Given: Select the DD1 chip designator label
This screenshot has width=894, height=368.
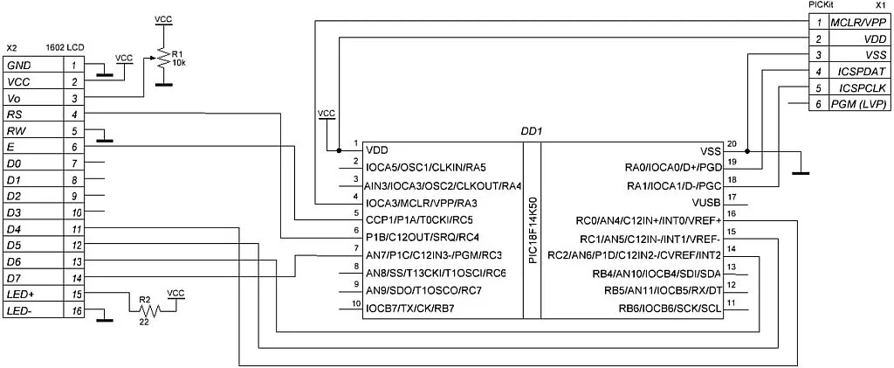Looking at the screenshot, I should (x=531, y=131).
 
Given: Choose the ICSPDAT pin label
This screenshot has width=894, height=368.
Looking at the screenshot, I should (x=860, y=71).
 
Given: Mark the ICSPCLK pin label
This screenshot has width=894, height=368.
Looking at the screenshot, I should (x=859, y=88).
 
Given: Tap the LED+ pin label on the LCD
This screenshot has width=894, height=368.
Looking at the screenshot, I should (x=19, y=295).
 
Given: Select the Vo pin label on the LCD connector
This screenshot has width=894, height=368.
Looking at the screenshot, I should (x=14, y=98).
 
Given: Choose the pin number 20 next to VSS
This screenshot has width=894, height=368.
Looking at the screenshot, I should (x=732, y=144).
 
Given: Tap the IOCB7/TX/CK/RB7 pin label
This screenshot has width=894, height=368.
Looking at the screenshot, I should (x=410, y=308).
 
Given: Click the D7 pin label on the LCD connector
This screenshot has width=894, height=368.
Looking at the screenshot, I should (x=14, y=278).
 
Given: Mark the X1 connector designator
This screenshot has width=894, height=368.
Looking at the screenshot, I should (x=880, y=4).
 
